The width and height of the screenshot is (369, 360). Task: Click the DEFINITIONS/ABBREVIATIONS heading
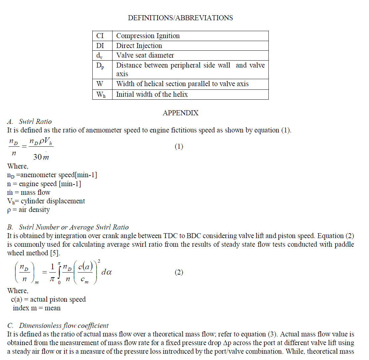(180, 18)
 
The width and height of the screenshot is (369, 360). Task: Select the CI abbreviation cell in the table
(100, 36)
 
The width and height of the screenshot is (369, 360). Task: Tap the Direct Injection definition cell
(139, 46)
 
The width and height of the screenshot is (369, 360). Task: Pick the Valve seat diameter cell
(145, 55)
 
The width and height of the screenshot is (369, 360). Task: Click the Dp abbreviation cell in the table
(100, 66)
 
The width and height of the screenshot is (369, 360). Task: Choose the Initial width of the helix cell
(152, 94)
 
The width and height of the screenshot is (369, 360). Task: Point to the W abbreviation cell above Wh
(100, 84)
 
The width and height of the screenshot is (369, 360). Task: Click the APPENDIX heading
(180, 113)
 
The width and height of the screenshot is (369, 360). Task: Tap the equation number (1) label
(179, 146)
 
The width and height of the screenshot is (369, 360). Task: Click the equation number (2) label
(179, 272)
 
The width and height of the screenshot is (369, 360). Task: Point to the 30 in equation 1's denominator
(37, 157)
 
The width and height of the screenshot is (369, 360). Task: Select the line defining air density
(28, 210)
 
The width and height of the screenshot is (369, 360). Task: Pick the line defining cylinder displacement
(46, 201)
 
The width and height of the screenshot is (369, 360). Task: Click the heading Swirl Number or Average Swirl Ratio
(73, 227)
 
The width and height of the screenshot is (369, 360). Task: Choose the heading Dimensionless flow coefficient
(64, 326)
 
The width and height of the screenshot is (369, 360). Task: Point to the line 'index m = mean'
(36, 308)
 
